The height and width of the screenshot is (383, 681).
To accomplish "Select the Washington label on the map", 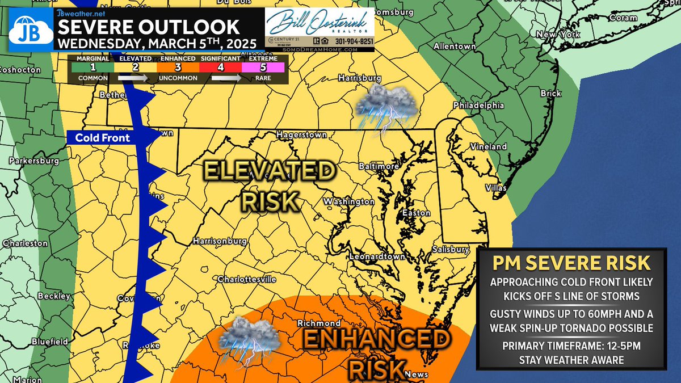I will tap(349, 201).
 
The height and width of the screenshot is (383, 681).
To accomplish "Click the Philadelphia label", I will tap(478, 105).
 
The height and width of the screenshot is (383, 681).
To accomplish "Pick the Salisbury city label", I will tap(449, 249).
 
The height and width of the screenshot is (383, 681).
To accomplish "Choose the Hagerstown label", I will tap(301, 135).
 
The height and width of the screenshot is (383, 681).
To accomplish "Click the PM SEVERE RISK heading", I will tap(571, 263).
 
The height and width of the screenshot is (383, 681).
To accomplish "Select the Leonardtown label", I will tap(377, 256).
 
